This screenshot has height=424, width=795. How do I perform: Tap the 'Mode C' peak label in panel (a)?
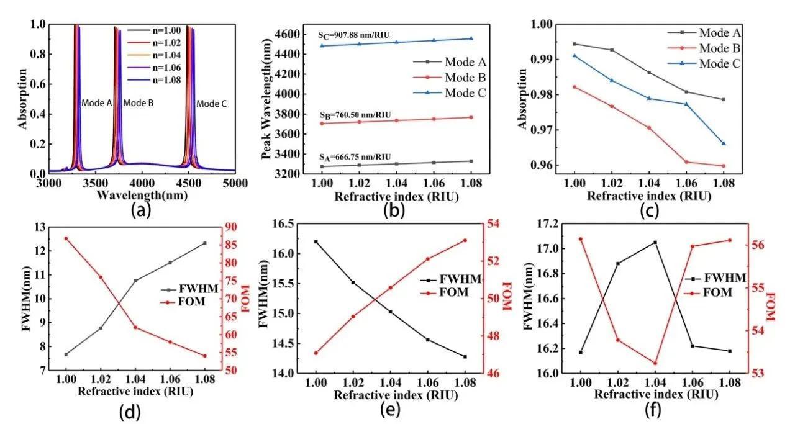211,104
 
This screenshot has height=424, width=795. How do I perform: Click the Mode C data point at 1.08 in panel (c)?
724,143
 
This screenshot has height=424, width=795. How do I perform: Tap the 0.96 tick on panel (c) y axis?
552,166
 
